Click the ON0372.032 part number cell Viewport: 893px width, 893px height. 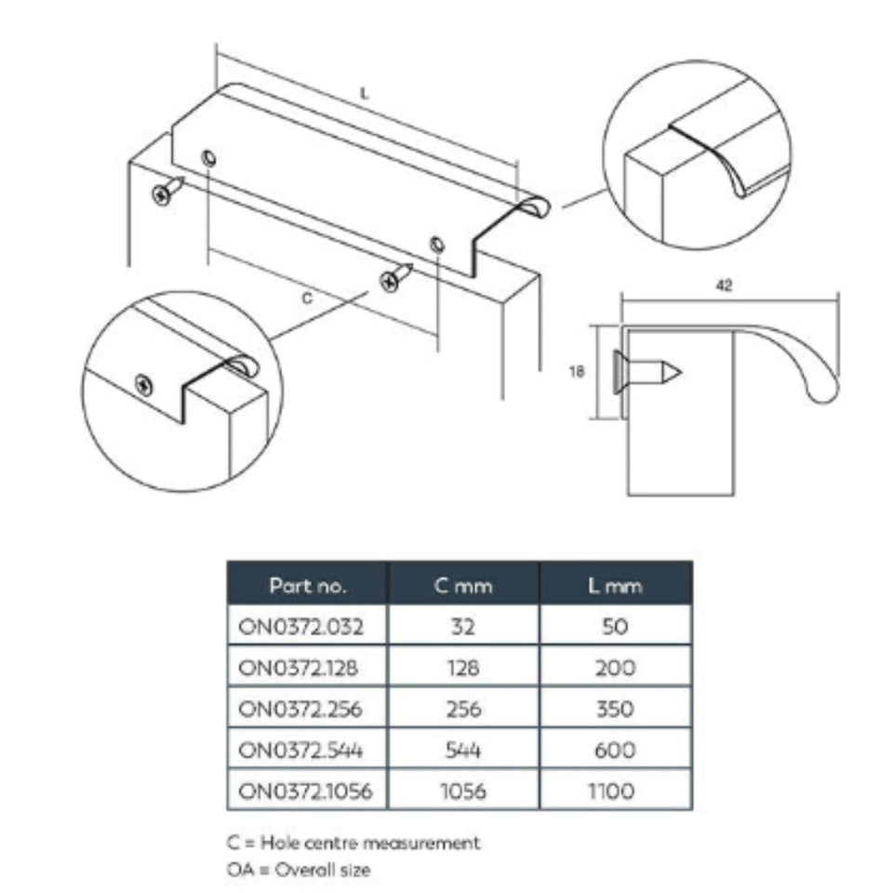coord(308,626)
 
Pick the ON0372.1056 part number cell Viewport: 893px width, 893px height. coord(308,791)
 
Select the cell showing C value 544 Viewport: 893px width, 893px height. coord(463,750)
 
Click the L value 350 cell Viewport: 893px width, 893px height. coord(615,709)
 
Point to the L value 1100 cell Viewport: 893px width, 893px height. coord(615,791)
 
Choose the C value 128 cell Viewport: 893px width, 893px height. coord(463,668)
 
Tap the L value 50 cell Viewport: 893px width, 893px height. coord(615,626)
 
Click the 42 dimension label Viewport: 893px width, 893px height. coord(724,285)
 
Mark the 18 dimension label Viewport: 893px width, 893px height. coord(577,371)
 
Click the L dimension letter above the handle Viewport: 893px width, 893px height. coord(365,93)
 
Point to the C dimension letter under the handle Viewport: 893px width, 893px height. coord(307,298)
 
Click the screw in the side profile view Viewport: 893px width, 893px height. coord(647,372)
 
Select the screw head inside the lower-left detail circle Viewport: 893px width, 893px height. coord(144,385)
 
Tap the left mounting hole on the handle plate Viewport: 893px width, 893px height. coord(209,158)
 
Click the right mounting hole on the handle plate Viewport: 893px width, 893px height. coord(437,245)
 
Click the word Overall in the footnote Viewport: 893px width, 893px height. coord(302,870)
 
